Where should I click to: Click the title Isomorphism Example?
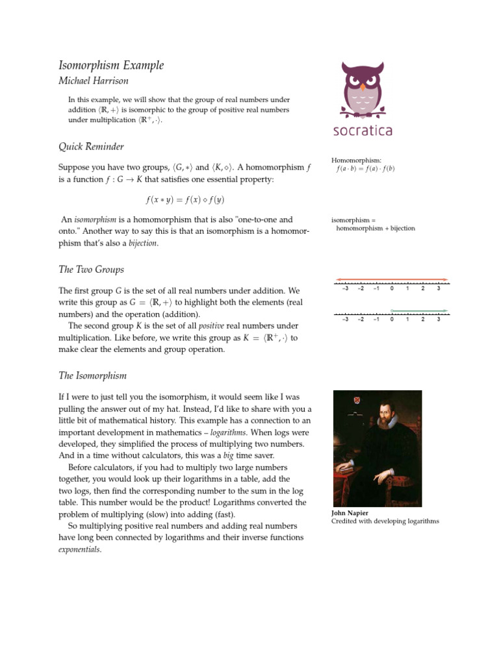(111, 66)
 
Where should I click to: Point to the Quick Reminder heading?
(91, 147)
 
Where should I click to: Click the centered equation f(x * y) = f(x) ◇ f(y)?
(185, 200)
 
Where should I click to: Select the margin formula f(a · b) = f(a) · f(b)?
(365, 169)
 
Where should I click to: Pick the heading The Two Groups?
(91, 270)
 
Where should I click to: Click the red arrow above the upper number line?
(391, 280)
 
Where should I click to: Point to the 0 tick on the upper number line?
(392, 288)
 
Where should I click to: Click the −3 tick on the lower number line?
(345, 320)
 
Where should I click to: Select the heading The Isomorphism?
(92, 376)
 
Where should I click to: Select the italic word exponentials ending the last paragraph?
(79, 549)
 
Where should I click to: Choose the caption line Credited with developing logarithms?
(385, 521)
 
